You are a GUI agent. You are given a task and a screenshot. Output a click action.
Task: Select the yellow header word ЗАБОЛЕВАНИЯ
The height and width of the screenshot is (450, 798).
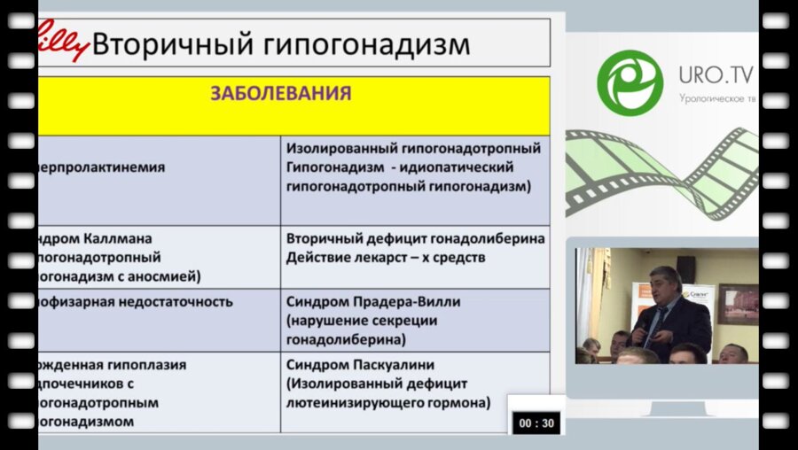click(280, 93)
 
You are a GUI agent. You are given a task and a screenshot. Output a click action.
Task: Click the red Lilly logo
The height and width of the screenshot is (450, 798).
click(62, 41)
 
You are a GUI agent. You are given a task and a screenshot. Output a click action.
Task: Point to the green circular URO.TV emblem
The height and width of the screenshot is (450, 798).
click(630, 80)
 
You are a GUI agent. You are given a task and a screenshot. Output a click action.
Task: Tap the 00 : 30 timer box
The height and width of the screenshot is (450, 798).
click(537, 423)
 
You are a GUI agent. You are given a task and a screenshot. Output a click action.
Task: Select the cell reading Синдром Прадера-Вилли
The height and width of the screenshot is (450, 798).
click(373, 301)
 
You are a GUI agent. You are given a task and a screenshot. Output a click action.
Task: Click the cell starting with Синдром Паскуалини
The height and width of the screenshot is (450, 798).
click(372, 364)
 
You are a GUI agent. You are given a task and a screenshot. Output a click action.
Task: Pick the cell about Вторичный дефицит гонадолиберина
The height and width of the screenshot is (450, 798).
click(415, 239)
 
